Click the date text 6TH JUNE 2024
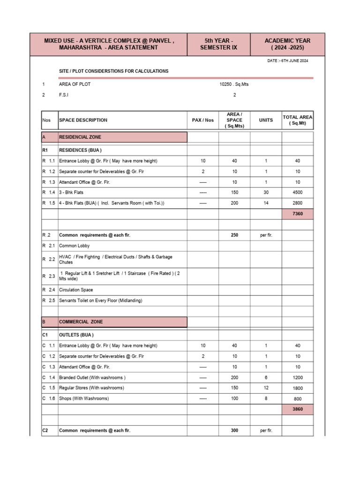(x=294, y=61)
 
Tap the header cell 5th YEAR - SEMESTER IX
(x=218, y=45)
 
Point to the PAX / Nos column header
(x=202, y=120)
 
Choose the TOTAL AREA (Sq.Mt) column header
(x=297, y=120)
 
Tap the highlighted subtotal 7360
(x=297, y=214)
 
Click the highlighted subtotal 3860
(x=297, y=409)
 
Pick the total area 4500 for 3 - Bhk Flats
(x=297, y=193)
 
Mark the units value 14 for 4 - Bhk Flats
(x=266, y=203)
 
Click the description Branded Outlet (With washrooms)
(x=92, y=377)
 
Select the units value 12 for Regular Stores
(x=266, y=388)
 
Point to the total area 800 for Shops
(x=297, y=399)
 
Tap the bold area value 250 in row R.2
(x=234, y=235)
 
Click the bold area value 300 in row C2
(x=234, y=430)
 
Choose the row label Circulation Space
(x=76, y=290)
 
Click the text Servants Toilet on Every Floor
(x=101, y=300)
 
